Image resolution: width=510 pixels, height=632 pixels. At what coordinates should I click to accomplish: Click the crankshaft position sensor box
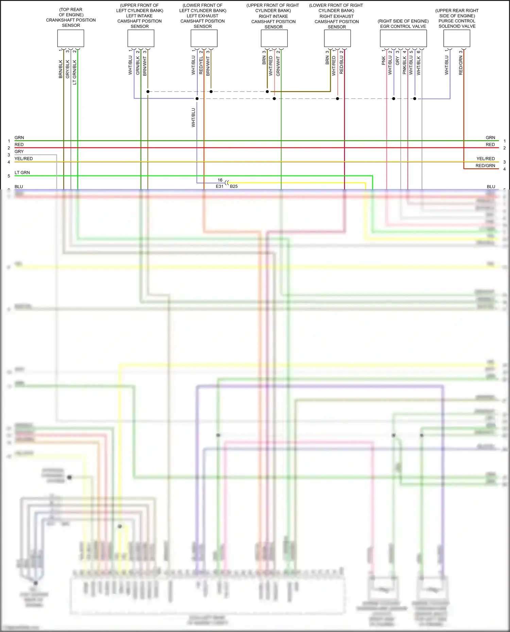tap(70, 38)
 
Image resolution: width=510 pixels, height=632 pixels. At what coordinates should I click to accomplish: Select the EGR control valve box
tap(403, 38)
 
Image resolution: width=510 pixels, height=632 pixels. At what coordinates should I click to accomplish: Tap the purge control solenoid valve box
tap(457, 38)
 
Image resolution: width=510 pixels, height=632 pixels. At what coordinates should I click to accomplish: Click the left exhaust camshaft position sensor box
tap(204, 38)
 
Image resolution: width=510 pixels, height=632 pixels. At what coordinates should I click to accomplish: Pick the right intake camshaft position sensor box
tap(274, 38)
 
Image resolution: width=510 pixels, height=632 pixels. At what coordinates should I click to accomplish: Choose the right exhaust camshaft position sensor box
tap(337, 38)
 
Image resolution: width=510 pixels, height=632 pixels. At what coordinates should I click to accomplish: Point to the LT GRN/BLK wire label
tap(74, 72)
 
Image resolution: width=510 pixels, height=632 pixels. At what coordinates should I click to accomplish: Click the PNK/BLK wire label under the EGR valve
tap(404, 65)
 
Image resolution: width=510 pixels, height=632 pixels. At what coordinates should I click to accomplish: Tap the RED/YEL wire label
tap(201, 66)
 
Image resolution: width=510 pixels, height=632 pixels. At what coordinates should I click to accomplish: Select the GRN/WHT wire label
tap(278, 66)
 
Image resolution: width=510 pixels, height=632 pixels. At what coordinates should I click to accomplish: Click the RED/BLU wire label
tap(341, 65)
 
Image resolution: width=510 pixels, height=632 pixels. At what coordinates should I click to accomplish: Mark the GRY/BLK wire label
tap(67, 69)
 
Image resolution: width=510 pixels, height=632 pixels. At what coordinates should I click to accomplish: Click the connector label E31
tap(220, 186)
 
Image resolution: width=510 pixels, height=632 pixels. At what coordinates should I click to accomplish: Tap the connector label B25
tap(234, 186)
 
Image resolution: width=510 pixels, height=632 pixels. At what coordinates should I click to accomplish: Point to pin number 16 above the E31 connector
tap(220, 180)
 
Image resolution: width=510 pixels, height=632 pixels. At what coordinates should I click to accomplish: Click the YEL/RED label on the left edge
tap(24, 159)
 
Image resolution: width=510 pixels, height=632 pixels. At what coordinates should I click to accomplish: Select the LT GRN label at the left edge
tap(22, 173)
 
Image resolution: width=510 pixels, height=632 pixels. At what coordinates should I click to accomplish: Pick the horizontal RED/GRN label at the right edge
tap(485, 166)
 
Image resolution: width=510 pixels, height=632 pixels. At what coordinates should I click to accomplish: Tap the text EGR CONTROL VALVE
tap(403, 26)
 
